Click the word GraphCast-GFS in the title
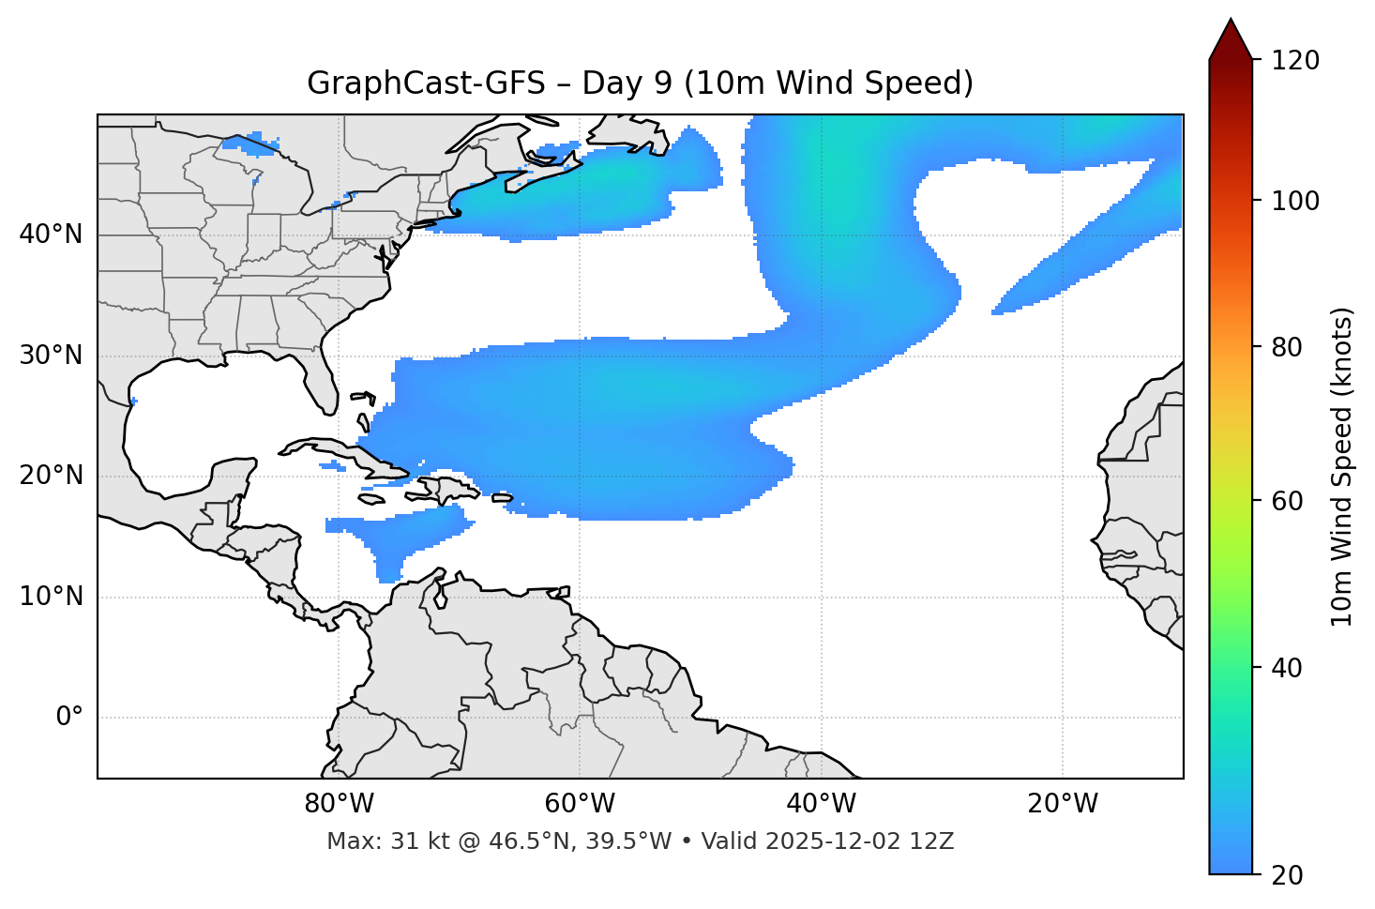pos(426,83)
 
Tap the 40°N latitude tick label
pos(51,235)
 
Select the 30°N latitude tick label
pos(51,356)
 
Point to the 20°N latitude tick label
pos(51,476)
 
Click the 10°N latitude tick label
pos(51,597)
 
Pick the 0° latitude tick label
pos(69,718)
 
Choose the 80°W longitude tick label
pos(339,804)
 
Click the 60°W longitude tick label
pos(580,804)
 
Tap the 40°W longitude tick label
pos(821,804)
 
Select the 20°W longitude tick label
pos(1062,804)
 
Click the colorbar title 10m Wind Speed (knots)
pos(1342,466)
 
